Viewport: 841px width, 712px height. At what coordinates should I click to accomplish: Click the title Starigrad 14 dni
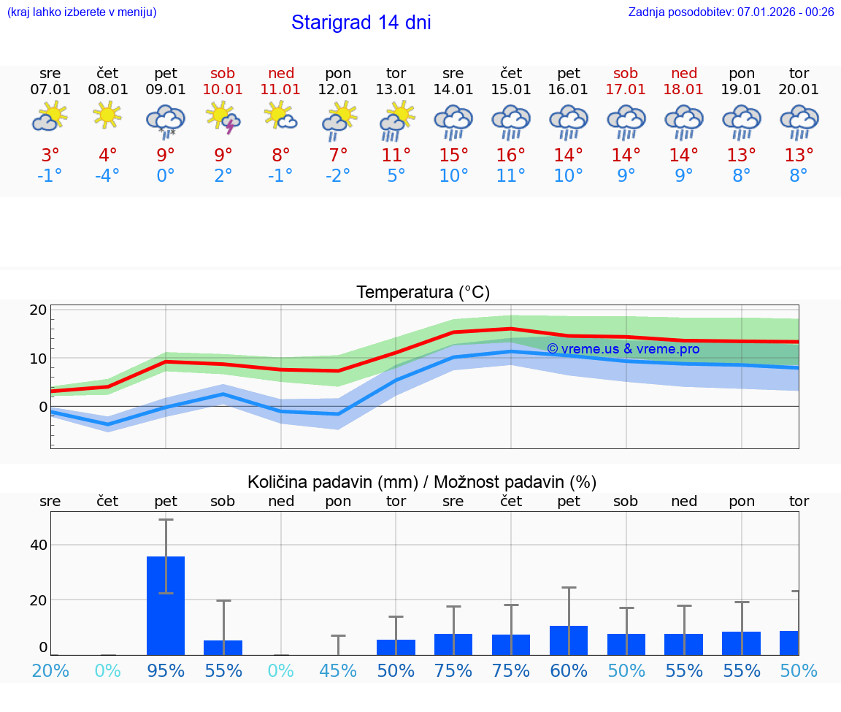coord(361,23)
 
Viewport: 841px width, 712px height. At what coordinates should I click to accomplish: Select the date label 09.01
coord(166,90)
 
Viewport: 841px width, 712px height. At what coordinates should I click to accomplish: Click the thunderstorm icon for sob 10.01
coord(223,118)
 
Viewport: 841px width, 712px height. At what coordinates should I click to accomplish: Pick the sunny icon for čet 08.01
coord(107,115)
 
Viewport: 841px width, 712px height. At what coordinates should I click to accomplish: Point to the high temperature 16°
coord(510,156)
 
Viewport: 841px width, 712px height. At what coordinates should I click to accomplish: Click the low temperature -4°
coord(107,176)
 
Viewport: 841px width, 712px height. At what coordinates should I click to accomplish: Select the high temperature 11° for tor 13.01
coord(396,156)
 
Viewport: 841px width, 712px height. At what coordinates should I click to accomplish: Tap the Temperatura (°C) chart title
coord(423,293)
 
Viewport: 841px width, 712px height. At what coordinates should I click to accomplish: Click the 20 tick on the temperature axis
coord(38,310)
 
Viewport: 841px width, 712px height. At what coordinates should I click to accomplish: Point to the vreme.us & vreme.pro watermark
coord(623,349)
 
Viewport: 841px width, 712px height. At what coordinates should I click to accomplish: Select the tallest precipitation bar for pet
coord(166,605)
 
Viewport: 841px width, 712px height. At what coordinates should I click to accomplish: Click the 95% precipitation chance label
coord(166,670)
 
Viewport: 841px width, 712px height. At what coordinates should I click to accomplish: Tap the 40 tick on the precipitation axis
coord(38,545)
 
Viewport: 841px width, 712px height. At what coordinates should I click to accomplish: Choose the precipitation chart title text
coord(422,482)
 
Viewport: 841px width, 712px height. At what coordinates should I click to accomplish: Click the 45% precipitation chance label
coord(338,670)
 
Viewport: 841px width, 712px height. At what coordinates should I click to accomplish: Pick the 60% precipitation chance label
coord(569,670)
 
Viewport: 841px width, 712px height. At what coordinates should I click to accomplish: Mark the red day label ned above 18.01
coord(684,73)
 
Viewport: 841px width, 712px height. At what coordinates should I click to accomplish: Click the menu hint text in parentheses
coord(82,12)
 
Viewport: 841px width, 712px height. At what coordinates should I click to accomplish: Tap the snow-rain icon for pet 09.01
coord(166,120)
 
